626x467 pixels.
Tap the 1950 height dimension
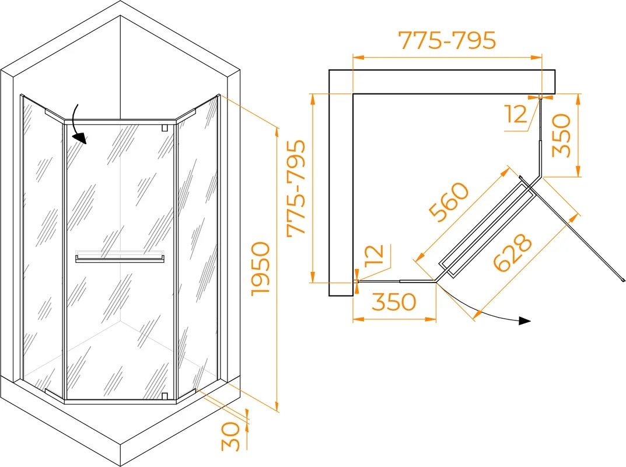coord(261,269)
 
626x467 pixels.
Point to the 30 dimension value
coord(231,436)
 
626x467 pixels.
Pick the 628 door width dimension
coord(513,253)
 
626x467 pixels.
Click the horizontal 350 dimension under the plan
coord(394,302)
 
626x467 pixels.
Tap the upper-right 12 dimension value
coord(516,114)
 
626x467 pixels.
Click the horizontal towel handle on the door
coord(120,259)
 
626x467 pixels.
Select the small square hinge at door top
coord(164,128)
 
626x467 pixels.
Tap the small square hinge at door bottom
coord(164,396)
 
